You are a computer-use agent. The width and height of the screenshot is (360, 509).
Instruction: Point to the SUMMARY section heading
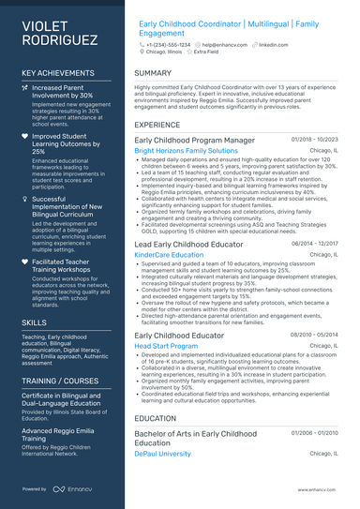point(153,73)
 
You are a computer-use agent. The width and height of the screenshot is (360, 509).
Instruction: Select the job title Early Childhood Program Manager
point(194,140)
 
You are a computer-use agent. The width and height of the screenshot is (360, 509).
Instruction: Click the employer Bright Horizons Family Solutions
point(186,150)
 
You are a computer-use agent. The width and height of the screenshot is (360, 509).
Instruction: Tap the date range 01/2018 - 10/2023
point(314,140)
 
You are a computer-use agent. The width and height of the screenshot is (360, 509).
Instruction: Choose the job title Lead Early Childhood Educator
point(189,243)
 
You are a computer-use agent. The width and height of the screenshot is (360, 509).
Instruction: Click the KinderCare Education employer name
point(169,254)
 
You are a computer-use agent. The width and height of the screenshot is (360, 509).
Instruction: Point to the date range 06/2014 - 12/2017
point(314,243)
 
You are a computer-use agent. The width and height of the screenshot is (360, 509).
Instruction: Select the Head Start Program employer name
point(166,346)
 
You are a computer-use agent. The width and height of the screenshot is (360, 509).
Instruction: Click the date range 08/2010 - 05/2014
point(314,335)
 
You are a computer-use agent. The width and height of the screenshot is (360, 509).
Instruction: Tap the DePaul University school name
point(162,454)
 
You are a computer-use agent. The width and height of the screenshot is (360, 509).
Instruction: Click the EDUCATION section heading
point(155,418)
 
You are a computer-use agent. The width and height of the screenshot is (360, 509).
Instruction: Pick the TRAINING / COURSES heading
point(61,382)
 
